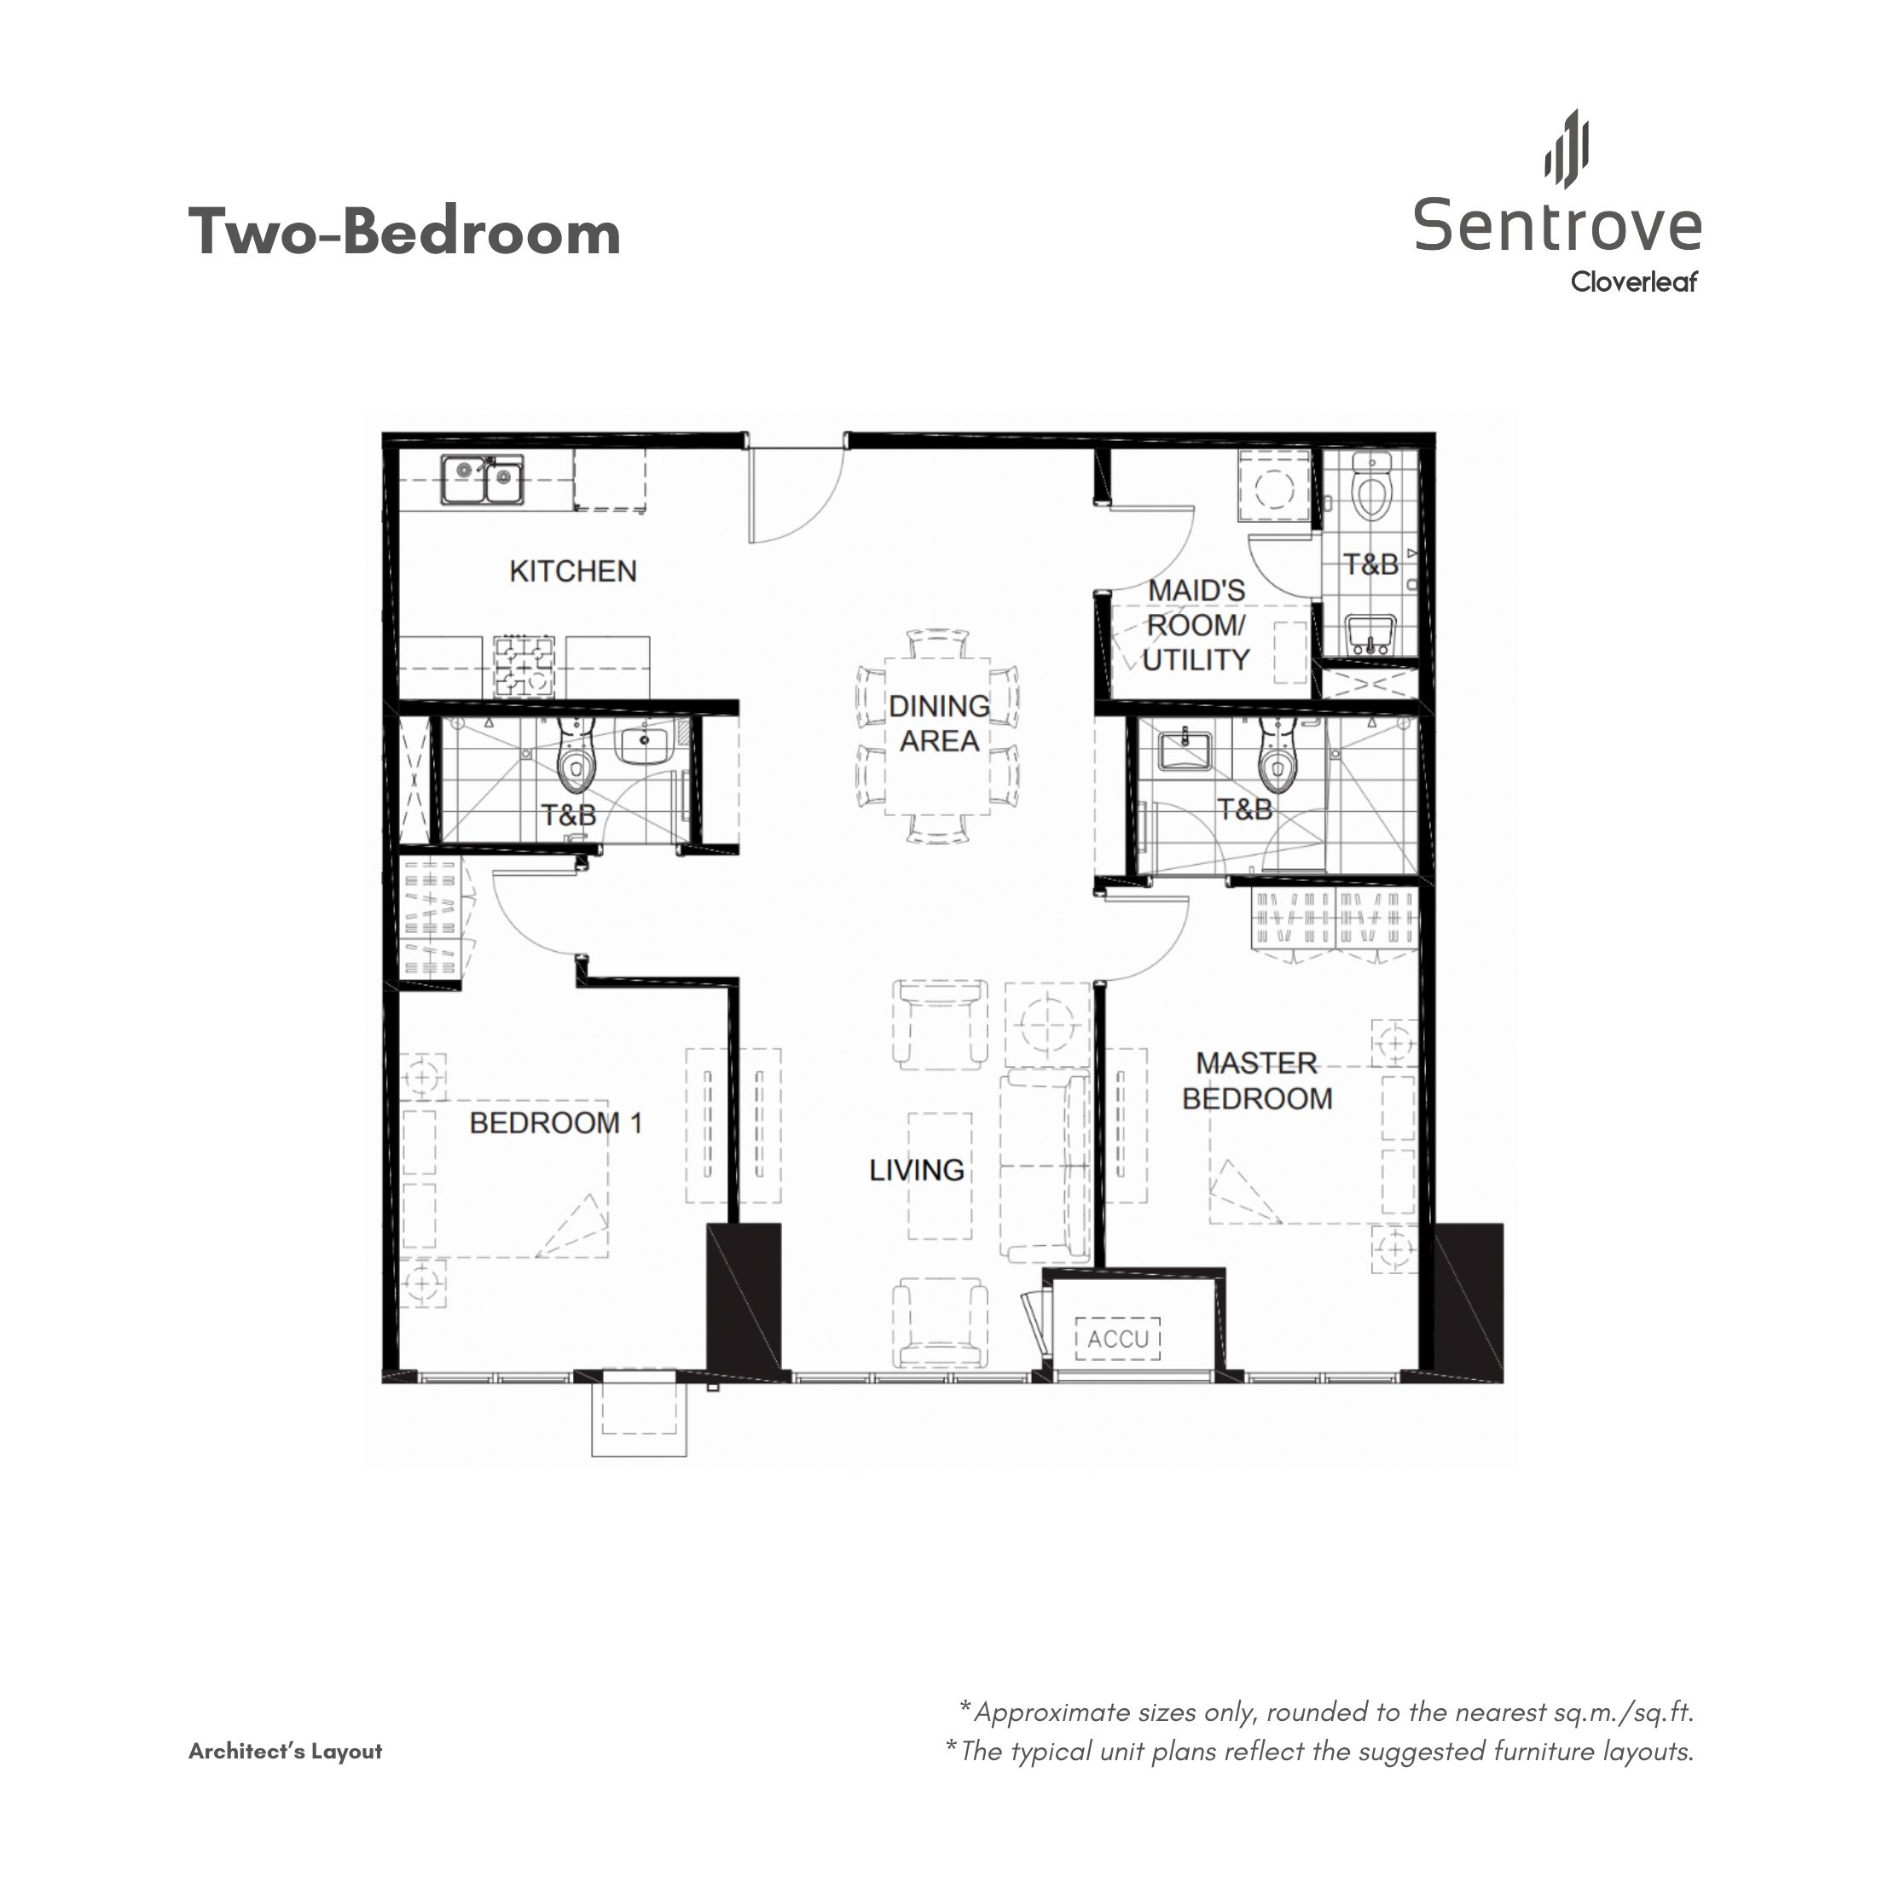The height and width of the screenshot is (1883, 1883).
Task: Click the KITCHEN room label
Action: pos(573,571)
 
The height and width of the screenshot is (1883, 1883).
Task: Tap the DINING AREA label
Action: pos(939,723)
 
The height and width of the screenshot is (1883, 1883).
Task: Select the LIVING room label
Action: pos(917,1169)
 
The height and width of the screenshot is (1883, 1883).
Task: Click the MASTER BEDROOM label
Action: pos(1257,1081)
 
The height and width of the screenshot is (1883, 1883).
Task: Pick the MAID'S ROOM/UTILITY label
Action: pos(1196,626)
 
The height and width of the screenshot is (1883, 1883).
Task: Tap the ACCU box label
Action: pos(1118,1339)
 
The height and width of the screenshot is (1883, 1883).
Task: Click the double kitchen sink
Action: pos(482,479)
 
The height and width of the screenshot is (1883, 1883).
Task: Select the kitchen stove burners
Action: pos(524,667)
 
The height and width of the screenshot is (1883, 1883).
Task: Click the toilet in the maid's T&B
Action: pos(1371,491)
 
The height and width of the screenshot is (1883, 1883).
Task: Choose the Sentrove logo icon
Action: pos(1567,148)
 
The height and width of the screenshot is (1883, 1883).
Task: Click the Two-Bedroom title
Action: pos(404,232)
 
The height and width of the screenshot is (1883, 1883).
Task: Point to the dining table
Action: pos(937,736)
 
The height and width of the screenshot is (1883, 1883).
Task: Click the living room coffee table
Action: pos(940,1176)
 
